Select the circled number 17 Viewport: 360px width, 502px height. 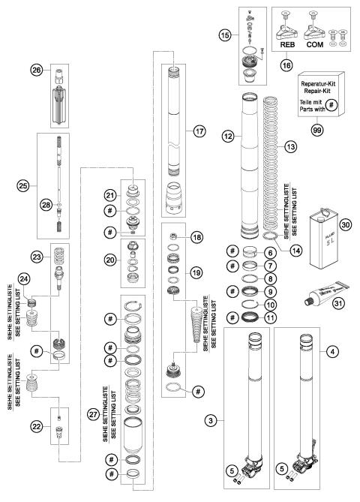pos(199,130)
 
